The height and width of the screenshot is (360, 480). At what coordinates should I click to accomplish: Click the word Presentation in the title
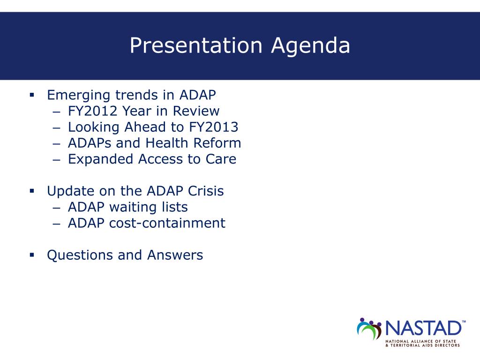196,46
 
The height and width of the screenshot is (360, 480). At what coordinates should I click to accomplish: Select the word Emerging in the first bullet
78,96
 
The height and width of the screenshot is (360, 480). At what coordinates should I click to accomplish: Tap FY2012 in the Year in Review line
93,111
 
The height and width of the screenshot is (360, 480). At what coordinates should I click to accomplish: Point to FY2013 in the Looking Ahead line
214,127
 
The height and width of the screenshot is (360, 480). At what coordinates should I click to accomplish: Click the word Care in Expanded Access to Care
221,159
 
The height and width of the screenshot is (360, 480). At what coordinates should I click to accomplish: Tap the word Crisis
206,191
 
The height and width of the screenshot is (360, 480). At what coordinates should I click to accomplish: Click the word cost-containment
167,223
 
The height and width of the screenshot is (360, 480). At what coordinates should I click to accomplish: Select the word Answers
175,255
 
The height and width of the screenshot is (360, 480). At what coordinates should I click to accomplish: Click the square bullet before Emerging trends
32,95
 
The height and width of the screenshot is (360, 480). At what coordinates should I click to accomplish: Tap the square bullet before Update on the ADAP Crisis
32,191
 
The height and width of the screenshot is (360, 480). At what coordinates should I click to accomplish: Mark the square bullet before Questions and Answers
32,255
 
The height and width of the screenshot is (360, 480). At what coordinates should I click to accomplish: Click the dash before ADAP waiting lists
57,208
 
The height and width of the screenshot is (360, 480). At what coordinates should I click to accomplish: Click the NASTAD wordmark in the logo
423,328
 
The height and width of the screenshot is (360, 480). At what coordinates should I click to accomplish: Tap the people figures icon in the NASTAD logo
369,329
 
